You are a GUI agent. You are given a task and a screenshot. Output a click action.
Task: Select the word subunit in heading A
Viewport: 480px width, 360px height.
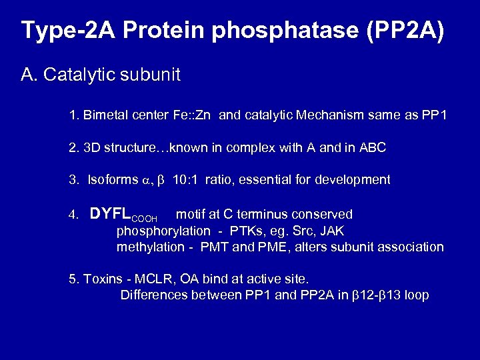[151, 75]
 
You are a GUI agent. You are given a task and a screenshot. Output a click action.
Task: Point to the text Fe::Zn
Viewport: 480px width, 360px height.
[192, 115]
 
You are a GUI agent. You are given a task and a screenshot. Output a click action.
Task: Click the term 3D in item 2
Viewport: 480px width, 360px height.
[91, 148]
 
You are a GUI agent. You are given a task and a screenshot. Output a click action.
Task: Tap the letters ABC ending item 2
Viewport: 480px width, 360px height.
[373, 148]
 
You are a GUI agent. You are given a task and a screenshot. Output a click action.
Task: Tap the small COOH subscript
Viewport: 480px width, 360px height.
[146, 218]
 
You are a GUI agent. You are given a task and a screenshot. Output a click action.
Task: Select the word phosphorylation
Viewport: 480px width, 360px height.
[163, 231]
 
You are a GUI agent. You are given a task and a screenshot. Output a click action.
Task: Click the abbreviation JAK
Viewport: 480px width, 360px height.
[331, 231]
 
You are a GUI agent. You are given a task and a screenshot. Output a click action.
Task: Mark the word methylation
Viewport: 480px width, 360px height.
[151, 247]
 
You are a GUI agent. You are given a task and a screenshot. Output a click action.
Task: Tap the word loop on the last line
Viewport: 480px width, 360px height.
[415, 295]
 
